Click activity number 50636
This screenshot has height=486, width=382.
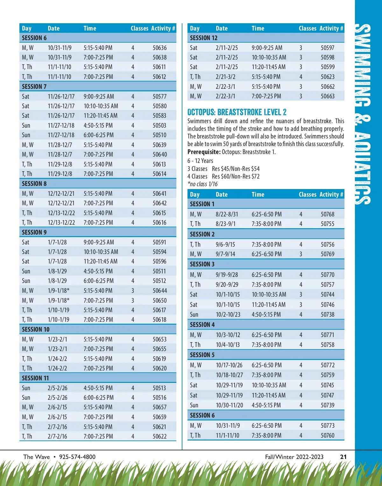point(159,48)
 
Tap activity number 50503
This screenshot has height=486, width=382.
point(159,125)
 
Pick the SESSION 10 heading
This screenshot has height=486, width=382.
point(36,329)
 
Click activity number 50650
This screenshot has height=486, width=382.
point(159,300)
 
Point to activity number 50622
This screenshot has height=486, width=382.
point(159,436)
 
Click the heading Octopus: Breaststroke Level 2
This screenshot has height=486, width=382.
point(237,112)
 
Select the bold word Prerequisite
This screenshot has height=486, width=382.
point(204,152)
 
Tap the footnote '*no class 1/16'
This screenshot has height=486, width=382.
point(202,184)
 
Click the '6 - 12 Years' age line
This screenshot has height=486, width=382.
point(200,161)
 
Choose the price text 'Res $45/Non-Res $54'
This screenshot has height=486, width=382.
point(236,169)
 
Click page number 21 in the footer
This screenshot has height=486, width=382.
point(343,457)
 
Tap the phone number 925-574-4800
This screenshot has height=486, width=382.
point(77,457)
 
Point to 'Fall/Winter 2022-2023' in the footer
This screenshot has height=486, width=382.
point(294,457)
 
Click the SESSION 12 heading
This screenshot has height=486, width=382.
point(203,38)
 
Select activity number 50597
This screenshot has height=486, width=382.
point(328,48)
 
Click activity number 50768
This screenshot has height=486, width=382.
point(328,214)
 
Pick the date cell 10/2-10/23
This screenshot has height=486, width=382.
point(228,314)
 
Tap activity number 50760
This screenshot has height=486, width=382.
point(328,435)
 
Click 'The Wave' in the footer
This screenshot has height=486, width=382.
point(37,457)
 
